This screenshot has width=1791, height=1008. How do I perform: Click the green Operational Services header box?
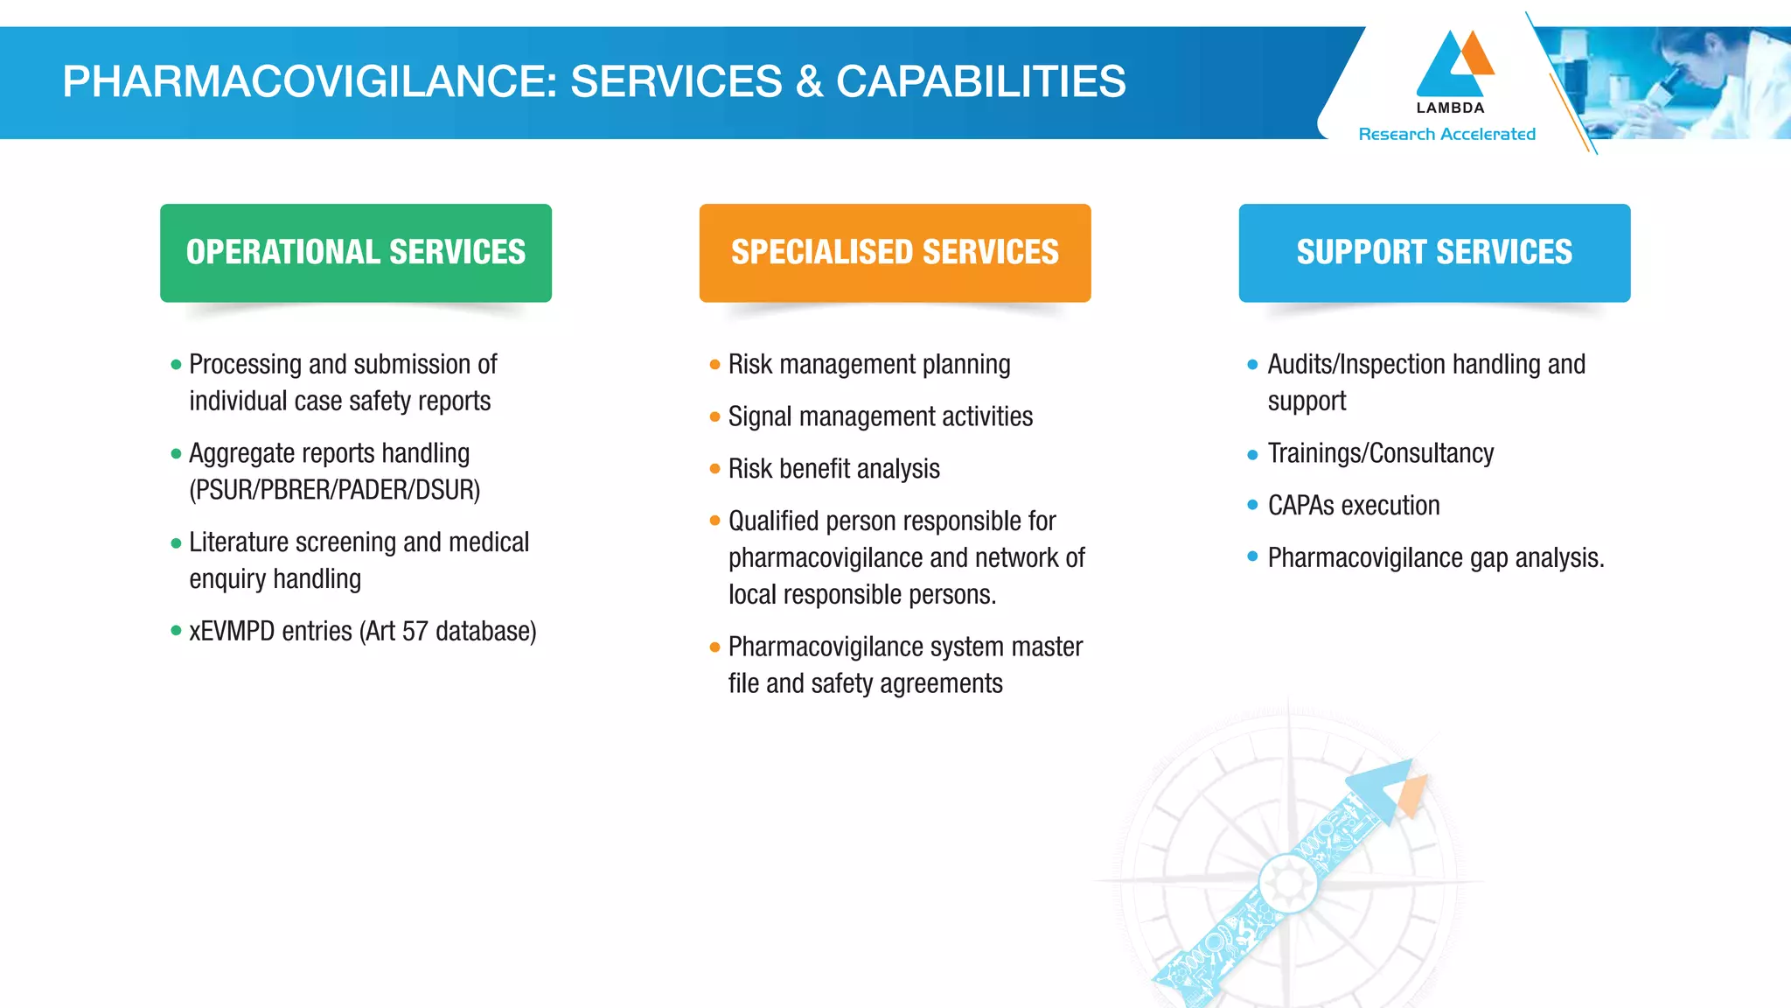pyautogui.click(x=355, y=253)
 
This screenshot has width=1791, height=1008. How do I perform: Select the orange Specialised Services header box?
pyautogui.click(x=895, y=253)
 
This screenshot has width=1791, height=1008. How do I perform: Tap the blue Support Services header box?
pyautogui.click(x=1434, y=253)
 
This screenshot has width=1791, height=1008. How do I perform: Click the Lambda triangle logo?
pyautogui.click(x=1453, y=66)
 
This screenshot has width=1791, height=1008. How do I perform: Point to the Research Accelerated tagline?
pyautogui.click(x=1446, y=134)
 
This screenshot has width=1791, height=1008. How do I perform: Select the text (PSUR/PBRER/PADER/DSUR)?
pyautogui.click(x=335, y=490)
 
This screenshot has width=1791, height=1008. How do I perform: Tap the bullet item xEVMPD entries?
pyautogui.click(x=362, y=631)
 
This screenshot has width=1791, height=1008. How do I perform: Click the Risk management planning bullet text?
pyautogui.click(x=868, y=364)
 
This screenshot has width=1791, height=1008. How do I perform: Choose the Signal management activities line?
pyautogui.click(x=880, y=416)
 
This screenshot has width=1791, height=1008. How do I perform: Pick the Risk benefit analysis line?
pyautogui.click(x=833, y=469)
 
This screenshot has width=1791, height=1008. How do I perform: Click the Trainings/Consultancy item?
pyautogui.click(x=1380, y=453)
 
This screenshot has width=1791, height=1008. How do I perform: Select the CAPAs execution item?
pyautogui.click(x=1353, y=506)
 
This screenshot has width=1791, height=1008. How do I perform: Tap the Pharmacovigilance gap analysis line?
pyautogui.click(x=1435, y=558)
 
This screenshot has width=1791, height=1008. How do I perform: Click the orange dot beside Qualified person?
pyautogui.click(x=714, y=521)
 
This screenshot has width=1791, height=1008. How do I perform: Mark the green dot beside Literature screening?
pyautogui.click(x=176, y=542)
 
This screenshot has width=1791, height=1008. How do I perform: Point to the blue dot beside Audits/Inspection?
pyautogui.click(x=1252, y=364)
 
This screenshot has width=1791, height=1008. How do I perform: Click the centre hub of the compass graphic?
pyautogui.click(x=1287, y=882)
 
